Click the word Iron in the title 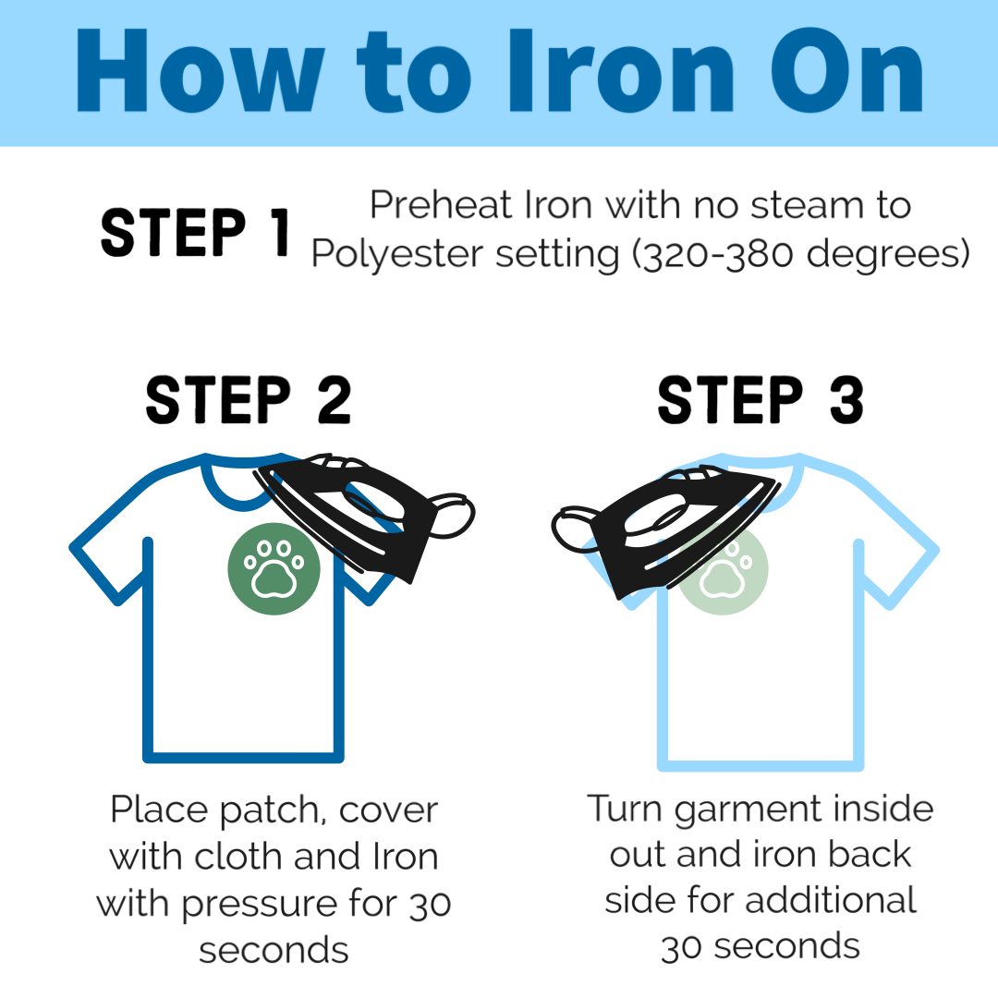622,70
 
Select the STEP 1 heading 195,232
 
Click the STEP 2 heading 249,400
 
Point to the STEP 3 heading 761,400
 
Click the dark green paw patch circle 274,568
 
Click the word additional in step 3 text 831,900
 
